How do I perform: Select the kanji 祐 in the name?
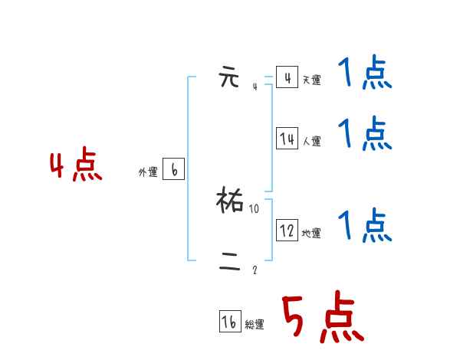coord(231,201)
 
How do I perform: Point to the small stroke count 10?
coord(255,208)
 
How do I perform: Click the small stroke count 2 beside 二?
coord(255,270)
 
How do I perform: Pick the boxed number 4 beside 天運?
coord(287,78)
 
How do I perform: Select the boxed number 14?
coord(287,139)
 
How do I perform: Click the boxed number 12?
coord(287,230)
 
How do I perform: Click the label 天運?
coord(311,80)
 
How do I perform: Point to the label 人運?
coord(311,141)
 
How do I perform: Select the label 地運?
coord(311,233)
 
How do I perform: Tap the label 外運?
coord(148,173)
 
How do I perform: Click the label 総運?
coord(255,325)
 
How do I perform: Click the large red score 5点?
coord(320,319)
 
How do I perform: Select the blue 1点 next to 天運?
coord(364,75)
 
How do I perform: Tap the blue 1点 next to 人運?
coord(364,134)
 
